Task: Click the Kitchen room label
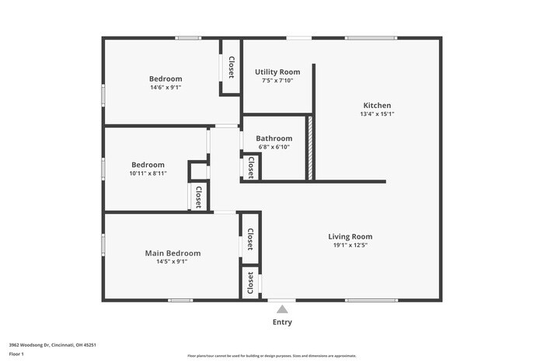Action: click(x=377, y=106)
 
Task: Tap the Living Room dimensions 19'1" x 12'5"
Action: click(x=350, y=246)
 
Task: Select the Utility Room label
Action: click(x=277, y=72)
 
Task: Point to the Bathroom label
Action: click(x=274, y=138)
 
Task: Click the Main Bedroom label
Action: click(x=173, y=253)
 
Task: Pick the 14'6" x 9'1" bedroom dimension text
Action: click(x=166, y=88)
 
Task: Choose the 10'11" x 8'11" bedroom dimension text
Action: click(x=148, y=174)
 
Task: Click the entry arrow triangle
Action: click(x=282, y=309)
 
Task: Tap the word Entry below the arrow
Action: click(x=282, y=323)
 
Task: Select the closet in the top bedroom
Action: click(x=231, y=67)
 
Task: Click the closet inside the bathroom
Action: click(x=251, y=166)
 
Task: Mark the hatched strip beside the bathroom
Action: click(x=309, y=148)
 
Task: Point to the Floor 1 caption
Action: click(x=16, y=354)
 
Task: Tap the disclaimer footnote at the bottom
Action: click(x=271, y=356)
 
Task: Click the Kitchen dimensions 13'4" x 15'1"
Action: click(x=377, y=114)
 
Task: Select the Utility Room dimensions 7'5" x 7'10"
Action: click(x=277, y=80)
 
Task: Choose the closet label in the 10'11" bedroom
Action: click(x=198, y=196)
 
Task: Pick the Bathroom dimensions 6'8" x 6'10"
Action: click(x=274, y=147)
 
